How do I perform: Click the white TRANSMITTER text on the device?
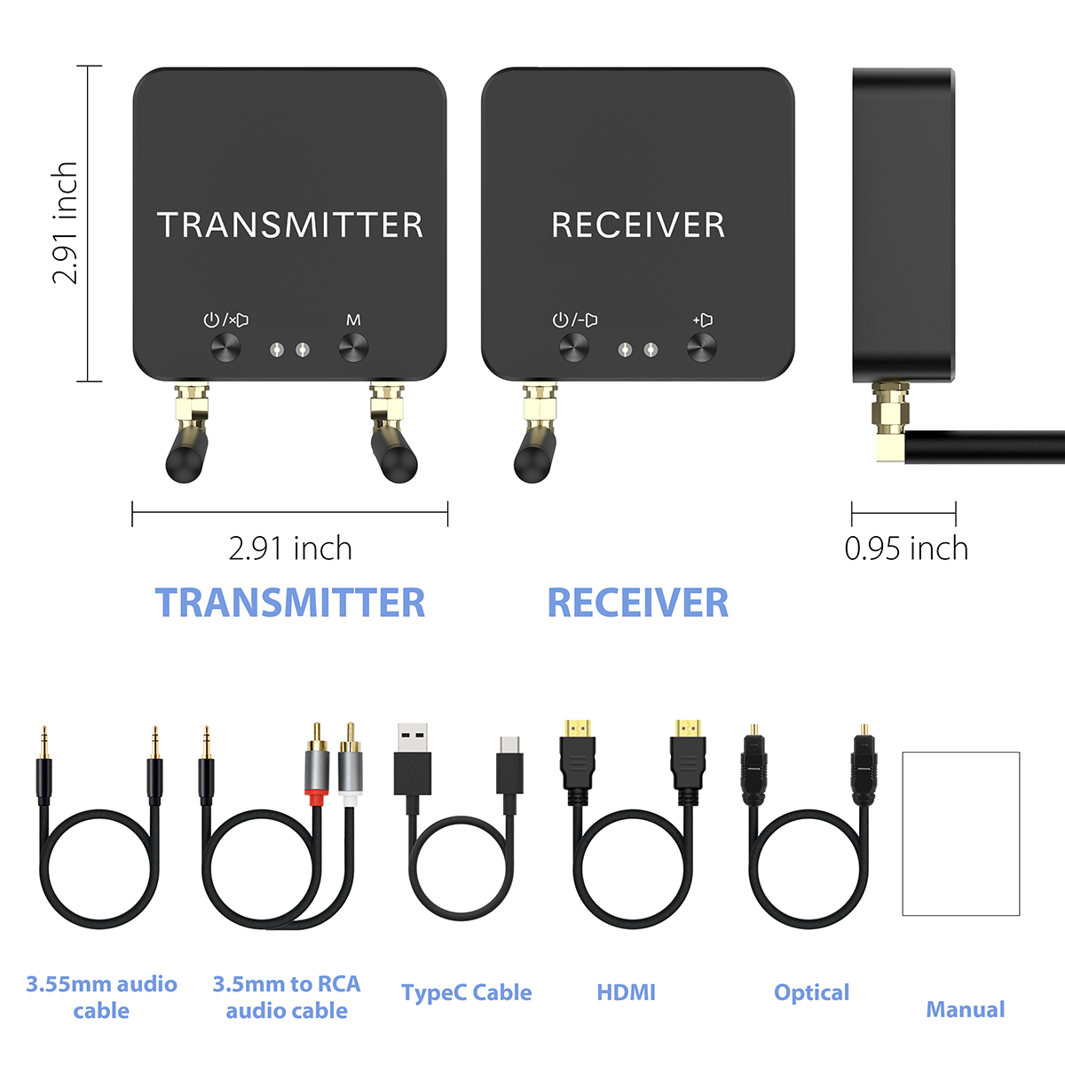tap(290, 225)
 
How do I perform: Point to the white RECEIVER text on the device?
tap(638, 225)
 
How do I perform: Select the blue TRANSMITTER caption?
tap(290, 603)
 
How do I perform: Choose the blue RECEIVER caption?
tap(638, 603)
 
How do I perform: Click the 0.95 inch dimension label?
tap(906, 549)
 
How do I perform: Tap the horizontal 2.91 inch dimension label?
tap(290, 549)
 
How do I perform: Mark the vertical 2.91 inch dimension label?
tap(66, 224)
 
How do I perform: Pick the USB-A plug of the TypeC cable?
tap(412, 759)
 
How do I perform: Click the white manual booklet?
tap(961, 833)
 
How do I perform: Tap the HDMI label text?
tap(627, 992)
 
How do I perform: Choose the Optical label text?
tap(811, 992)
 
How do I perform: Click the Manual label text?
tap(966, 1009)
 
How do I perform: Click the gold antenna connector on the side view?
tap(887, 421)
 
